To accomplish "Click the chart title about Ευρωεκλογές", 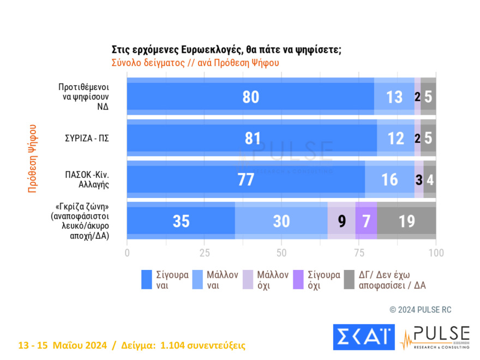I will click(226, 50).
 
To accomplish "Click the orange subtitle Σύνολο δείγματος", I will click(195, 62).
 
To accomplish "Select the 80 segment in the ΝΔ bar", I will click(250, 97).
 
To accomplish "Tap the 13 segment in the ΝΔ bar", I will click(394, 97).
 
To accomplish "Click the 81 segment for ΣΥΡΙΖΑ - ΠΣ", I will click(252, 138).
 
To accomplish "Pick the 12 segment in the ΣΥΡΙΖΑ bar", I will click(395, 138).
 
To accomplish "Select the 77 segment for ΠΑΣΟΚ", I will click(246, 179).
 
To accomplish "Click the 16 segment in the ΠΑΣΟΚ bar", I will click(389, 179).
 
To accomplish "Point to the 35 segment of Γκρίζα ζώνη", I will click(181, 220).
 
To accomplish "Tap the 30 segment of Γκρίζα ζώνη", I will click(281, 220).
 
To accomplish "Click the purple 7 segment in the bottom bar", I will click(366, 220).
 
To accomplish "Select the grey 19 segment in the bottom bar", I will click(406, 220).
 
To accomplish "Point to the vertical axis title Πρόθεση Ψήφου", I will click(32, 158).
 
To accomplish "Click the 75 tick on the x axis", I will click(358, 253).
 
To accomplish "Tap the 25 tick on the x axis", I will click(204, 253).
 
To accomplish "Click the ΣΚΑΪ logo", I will click(363, 337).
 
